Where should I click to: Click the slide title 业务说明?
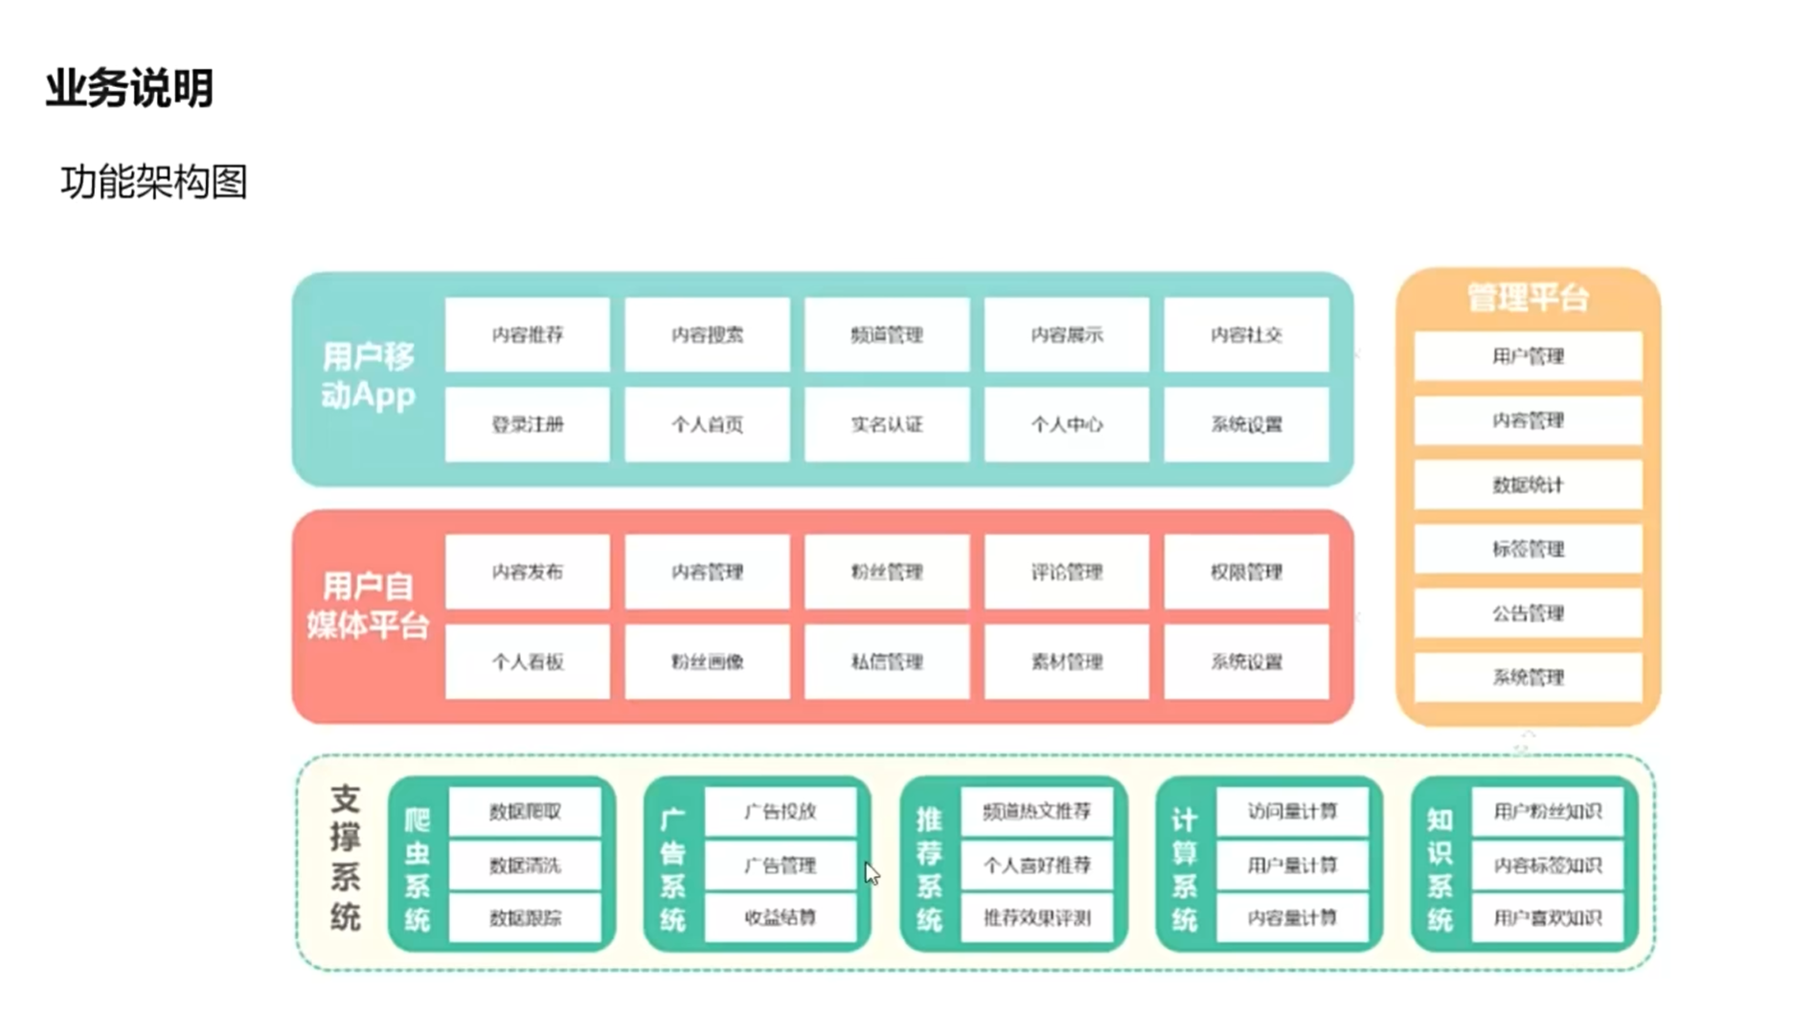click(x=129, y=89)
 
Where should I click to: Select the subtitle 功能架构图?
click(x=154, y=182)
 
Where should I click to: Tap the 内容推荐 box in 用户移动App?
click(x=527, y=334)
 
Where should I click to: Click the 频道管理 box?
click(x=886, y=334)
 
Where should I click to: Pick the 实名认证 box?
click(x=886, y=424)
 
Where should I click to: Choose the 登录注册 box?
click(x=527, y=424)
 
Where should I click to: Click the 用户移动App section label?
click(x=368, y=375)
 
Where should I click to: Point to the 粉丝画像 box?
click(x=707, y=662)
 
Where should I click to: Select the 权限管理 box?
click(x=1245, y=572)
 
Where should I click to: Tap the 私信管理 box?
click(x=886, y=662)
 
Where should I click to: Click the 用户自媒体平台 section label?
click(x=368, y=605)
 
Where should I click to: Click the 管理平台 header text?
click(x=1527, y=298)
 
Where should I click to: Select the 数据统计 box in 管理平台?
click(x=1527, y=484)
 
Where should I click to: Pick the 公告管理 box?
click(x=1527, y=613)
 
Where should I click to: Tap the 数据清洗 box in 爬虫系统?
click(x=525, y=865)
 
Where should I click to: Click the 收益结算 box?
click(x=780, y=917)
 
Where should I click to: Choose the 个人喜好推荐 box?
click(x=1036, y=865)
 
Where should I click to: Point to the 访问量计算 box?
click(x=1291, y=811)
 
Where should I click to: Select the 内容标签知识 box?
click(x=1547, y=865)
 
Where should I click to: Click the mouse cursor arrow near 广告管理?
click(x=871, y=872)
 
